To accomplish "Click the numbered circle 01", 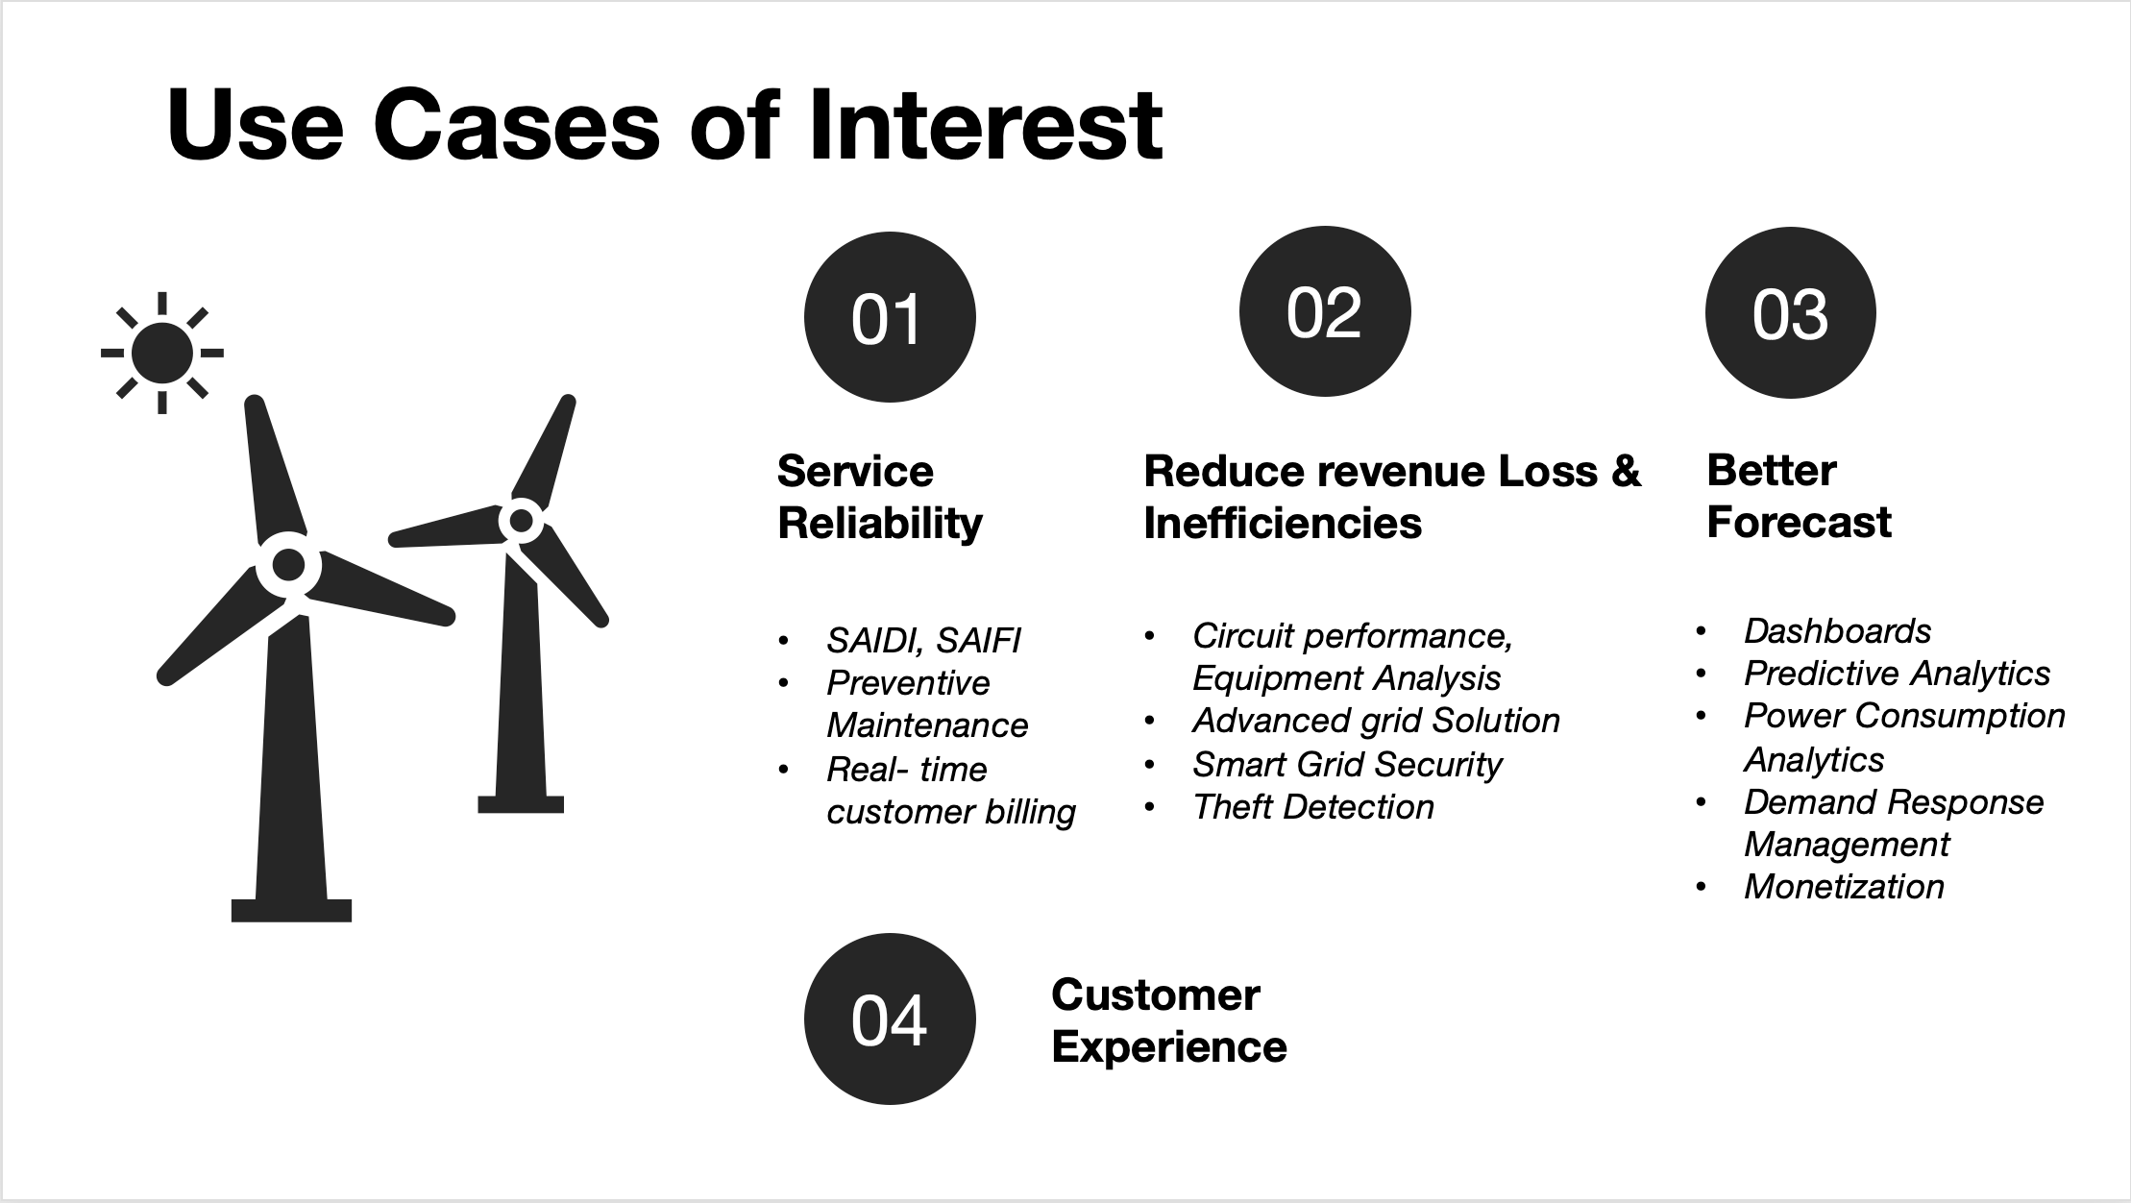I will [x=889, y=318].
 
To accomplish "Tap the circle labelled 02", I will [x=1324, y=312].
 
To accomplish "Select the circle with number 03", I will [x=1790, y=313].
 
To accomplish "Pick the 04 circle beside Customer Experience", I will [x=889, y=1019].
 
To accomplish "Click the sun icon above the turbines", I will [x=162, y=353].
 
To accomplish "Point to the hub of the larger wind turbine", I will [x=288, y=565].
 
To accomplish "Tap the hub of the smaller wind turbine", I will [x=521, y=521].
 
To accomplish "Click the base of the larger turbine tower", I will [x=291, y=909].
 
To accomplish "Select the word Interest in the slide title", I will [x=985, y=126].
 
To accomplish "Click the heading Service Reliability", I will [x=879, y=497].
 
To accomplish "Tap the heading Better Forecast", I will [x=1798, y=497].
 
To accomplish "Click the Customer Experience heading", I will [x=1168, y=1020].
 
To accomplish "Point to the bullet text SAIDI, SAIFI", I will [x=922, y=641].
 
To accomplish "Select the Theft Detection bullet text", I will [x=1312, y=807].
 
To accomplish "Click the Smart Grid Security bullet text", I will [x=1346, y=765].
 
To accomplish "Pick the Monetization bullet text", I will [x=1843, y=887].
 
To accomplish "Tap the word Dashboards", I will [x=1836, y=631].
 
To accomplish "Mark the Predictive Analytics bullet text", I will [x=1896, y=674].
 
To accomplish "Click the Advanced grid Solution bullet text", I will [x=1375, y=721].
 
